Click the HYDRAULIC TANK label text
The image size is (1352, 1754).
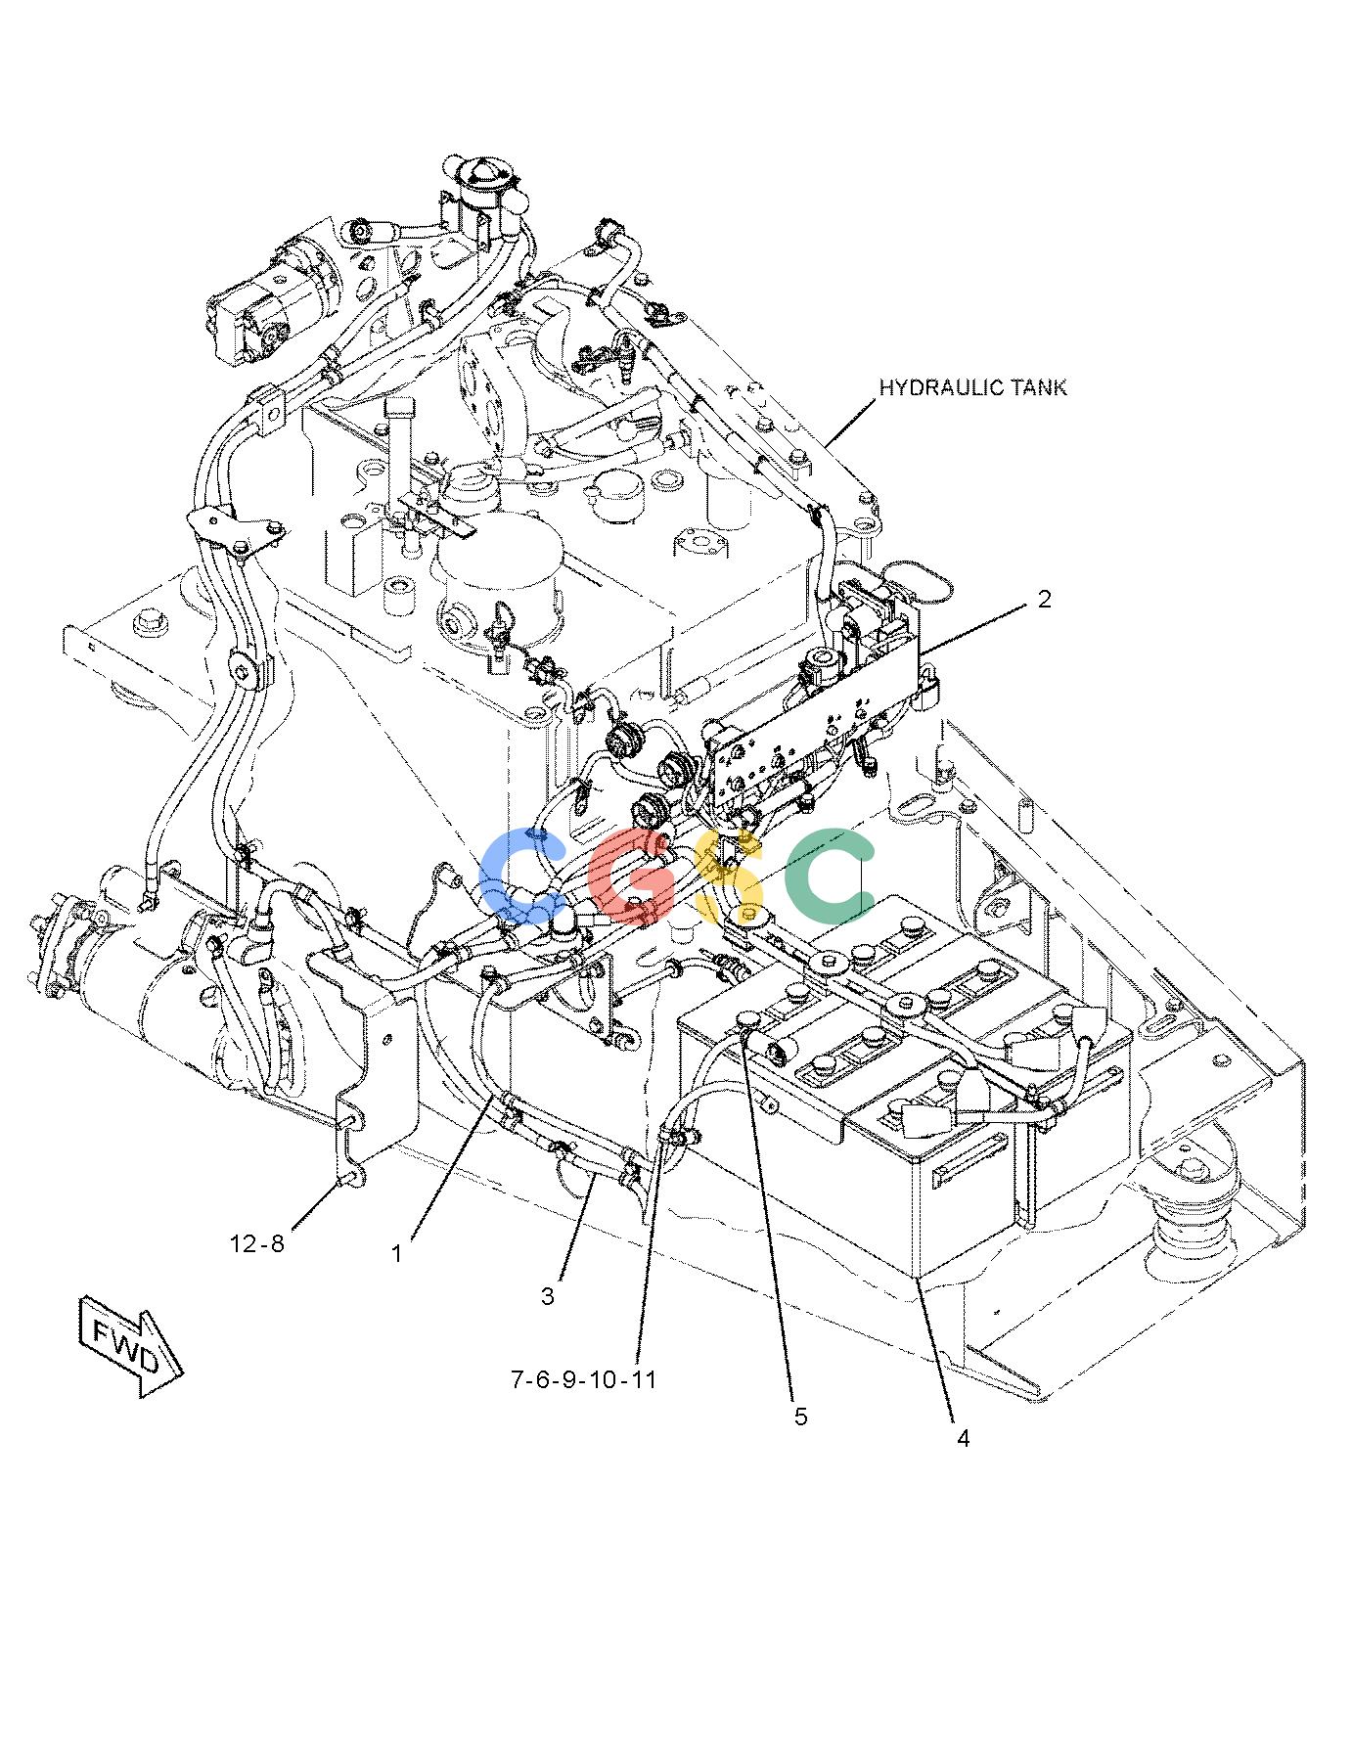[x=972, y=387]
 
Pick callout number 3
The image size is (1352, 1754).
[x=548, y=1296]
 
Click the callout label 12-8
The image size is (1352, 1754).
[x=256, y=1243]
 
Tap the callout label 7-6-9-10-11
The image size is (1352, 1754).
[x=583, y=1380]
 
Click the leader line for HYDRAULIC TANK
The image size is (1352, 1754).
[x=849, y=425]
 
